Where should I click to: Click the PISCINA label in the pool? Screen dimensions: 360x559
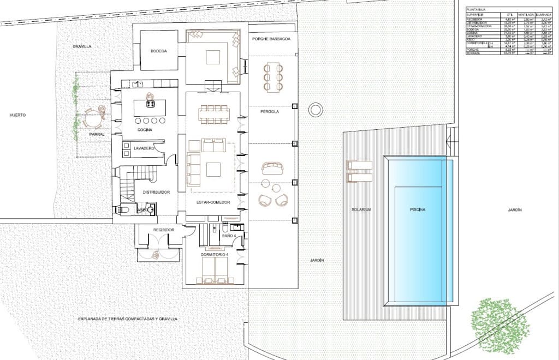point(418,209)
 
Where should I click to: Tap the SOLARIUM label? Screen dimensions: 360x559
point(361,209)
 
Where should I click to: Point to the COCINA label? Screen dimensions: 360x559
point(145,130)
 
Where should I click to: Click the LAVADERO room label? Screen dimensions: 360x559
point(144,148)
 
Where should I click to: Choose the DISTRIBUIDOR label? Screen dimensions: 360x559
point(156,192)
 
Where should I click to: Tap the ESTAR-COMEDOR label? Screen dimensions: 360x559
point(213,202)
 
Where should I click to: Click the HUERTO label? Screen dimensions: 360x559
point(17,115)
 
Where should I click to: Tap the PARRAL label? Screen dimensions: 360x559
point(97,134)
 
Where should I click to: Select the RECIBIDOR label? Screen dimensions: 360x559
point(163,230)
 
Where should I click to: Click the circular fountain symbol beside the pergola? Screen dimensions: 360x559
point(315,110)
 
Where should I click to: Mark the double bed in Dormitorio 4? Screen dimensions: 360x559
point(215,271)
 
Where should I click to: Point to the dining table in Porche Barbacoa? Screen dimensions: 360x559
point(271,76)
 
